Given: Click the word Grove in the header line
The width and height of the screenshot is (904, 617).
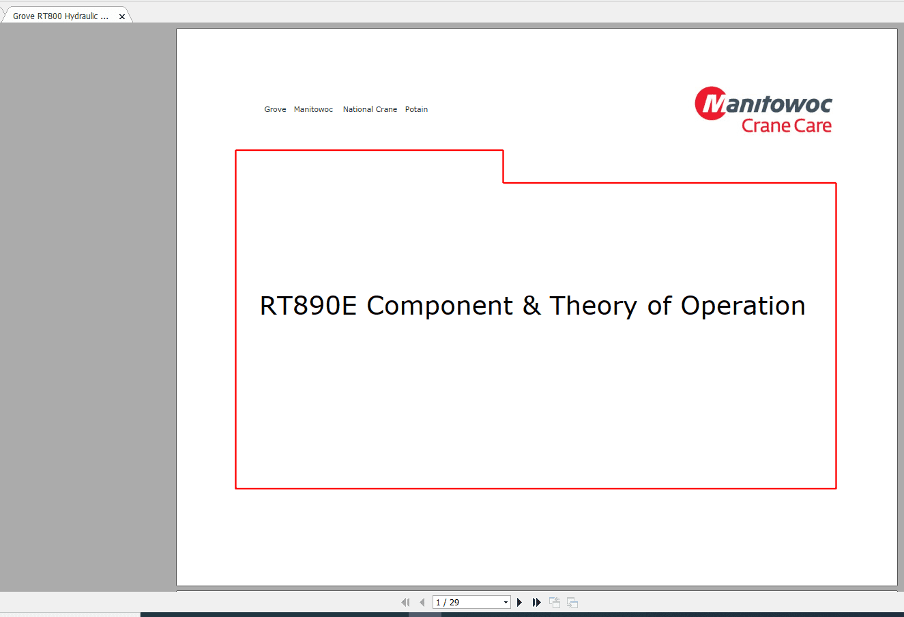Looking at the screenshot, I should tap(275, 109).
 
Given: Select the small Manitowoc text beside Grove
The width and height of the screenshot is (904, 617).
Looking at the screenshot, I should tap(313, 109).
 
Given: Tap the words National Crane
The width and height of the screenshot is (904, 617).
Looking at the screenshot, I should tap(370, 109).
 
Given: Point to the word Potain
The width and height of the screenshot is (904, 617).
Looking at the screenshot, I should tap(416, 109).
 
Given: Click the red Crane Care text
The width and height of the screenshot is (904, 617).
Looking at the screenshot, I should tap(786, 126).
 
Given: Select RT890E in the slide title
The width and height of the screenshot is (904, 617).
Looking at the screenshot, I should tap(308, 306).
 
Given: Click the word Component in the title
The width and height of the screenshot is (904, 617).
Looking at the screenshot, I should tap(439, 306).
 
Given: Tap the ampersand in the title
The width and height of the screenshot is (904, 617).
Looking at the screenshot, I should tap(531, 306).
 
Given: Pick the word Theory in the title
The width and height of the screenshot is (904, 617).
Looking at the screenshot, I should tap(593, 306).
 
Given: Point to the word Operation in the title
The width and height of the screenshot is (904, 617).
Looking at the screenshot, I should tap(743, 306).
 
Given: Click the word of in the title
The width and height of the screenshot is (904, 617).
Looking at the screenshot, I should tap(659, 306).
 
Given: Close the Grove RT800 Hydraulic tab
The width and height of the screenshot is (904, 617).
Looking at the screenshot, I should tap(122, 16).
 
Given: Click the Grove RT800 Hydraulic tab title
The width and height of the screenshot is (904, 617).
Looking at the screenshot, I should tap(61, 16).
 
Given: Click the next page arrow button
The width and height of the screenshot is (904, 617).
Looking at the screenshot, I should tap(520, 602).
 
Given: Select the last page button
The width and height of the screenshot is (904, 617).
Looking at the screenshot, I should tap(537, 602).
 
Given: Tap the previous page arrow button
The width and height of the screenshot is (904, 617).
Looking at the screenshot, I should tap(422, 602).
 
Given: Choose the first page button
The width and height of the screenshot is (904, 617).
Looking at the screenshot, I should tap(405, 602).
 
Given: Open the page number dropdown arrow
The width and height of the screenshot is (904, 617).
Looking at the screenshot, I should tap(506, 602).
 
